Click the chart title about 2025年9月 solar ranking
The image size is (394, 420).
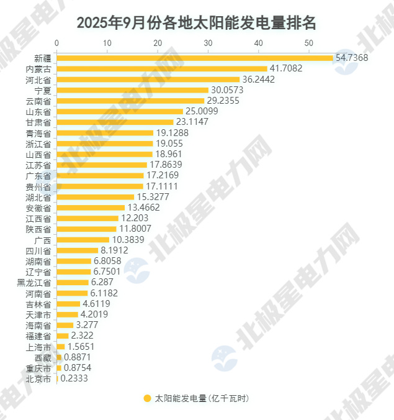pos(197,23)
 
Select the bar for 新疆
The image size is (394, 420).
pos(195,58)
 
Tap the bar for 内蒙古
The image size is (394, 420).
pos(162,68)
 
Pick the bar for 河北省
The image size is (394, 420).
pos(148,80)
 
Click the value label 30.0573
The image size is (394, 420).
pos(227,90)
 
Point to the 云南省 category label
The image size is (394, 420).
pos(38,101)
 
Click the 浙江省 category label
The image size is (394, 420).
pos(38,144)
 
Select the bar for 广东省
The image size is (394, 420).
pos(101,175)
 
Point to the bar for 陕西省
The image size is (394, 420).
pos(87,229)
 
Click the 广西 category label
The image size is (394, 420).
pos(43,240)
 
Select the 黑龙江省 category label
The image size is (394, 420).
pos(34,282)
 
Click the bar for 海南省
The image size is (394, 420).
pos(65,325)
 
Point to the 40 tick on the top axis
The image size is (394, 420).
pos(258,43)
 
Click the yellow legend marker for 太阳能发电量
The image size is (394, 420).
pos(147,398)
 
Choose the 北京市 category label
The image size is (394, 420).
pos(38,378)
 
